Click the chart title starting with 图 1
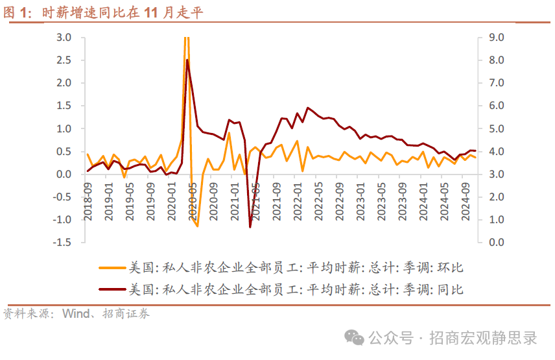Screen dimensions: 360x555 coord(104,12)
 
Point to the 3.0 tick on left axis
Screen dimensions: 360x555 coord(64,38)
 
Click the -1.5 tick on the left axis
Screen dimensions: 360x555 coord(62,242)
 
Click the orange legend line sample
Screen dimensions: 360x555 coord(112,267)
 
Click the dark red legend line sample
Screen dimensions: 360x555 coord(112,289)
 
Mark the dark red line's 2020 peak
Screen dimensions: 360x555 coord(187,60)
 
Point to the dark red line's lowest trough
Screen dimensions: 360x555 coord(250,227)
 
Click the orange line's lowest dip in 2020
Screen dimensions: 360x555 coord(197,226)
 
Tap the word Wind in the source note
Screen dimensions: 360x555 coord(77,314)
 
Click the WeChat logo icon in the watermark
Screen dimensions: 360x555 coord(354,337)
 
